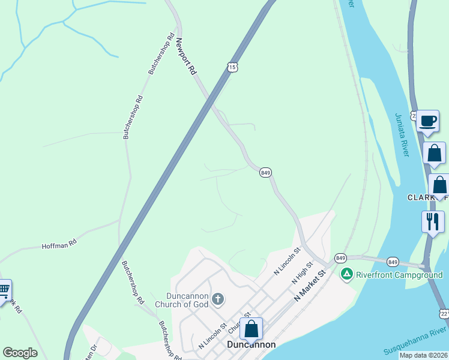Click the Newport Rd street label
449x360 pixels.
(185, 57)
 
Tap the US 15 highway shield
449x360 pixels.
(232, 67)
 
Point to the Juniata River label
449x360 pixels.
(402, 135)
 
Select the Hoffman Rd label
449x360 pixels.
(59, 245)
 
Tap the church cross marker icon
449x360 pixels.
(218, 298)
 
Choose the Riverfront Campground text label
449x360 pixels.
(399, 275)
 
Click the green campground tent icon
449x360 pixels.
(346, 275)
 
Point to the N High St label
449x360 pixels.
(303, 273)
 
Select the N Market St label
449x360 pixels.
(309, 286)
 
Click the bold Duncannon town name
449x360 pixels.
(252, 345)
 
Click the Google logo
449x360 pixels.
(20, 352)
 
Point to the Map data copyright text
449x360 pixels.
(423, 355)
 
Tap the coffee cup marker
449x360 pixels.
(427, 121)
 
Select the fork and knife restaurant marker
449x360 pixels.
(432, 221)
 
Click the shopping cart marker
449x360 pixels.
(4, 291)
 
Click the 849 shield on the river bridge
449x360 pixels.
(393, 262)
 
